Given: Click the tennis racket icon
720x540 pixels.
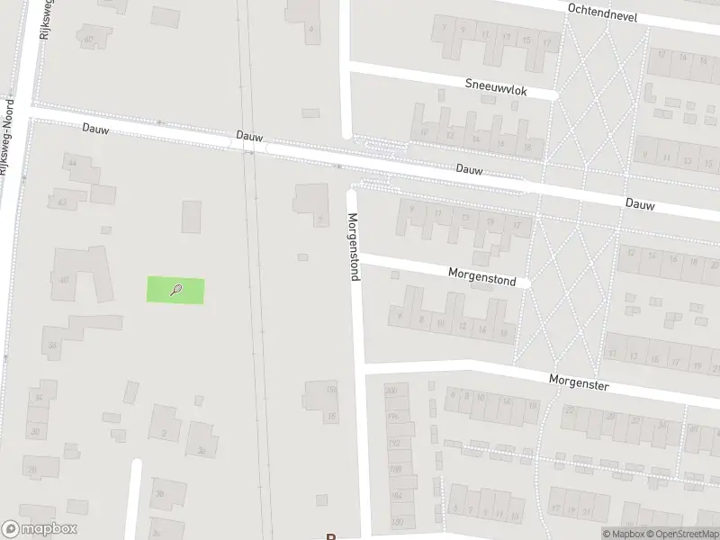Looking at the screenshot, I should coord(176,290).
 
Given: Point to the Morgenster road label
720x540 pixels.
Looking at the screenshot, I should coord(580,382).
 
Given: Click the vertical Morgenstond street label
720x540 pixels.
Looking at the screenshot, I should coord(354,246).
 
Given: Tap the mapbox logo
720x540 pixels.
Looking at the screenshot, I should coord(40,529).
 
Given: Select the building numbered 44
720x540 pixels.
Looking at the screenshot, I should coord(72,162).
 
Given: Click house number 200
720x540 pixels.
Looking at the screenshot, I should coord(391,390).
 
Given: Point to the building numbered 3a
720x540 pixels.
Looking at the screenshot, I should coord(202,450).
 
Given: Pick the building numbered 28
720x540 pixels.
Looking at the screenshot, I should coord(32,470).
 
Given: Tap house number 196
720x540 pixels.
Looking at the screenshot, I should coord(392,416).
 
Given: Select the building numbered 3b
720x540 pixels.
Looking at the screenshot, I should coord(160,493).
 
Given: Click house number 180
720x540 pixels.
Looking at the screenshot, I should coord(397,522).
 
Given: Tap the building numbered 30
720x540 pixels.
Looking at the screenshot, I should coord(36,431).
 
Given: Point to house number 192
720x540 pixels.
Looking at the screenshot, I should coord(393,443).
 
